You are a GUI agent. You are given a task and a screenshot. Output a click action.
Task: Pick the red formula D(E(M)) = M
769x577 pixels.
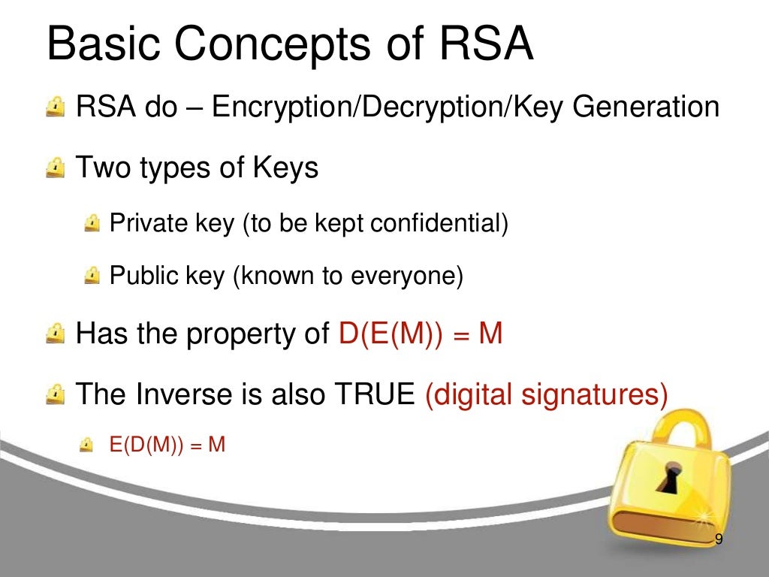[420, 333]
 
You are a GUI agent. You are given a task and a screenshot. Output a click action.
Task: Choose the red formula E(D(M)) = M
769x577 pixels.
[167, 445]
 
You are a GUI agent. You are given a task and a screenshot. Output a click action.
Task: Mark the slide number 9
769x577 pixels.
[719, 539]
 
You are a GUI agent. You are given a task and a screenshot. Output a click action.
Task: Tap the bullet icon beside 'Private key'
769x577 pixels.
[92, 223]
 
